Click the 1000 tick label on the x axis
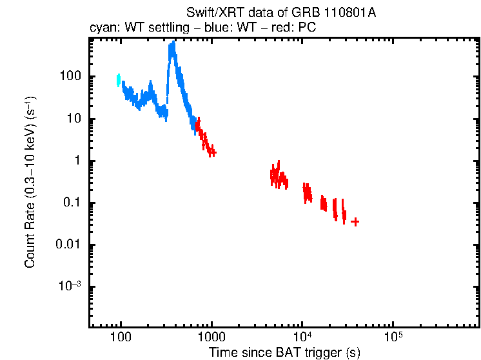pos(211,337)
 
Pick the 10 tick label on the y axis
pos(73,119)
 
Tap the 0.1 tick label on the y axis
pos(71,203)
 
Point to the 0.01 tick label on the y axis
pos(67,245)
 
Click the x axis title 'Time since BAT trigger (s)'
pos(284,353)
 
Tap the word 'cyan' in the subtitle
pos(102,28)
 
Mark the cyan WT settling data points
pos(119,80)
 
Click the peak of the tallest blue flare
pos(173,45)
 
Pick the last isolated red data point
pos(355,221)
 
